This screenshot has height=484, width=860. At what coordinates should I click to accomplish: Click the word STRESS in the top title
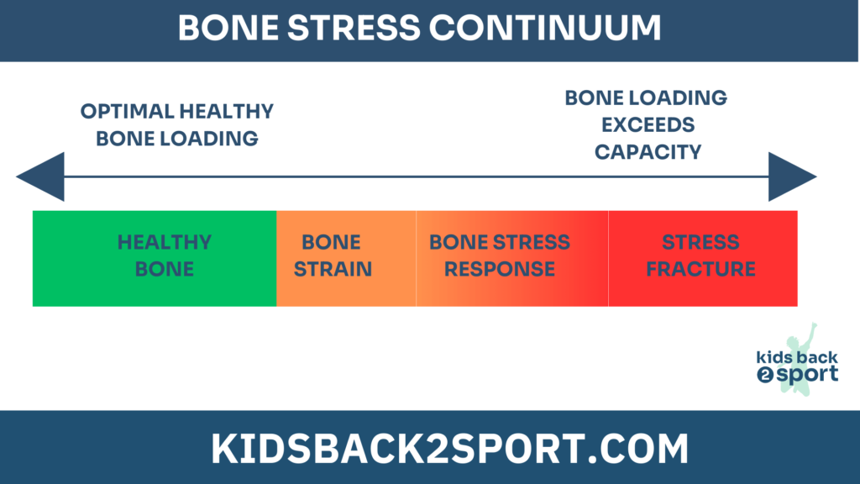point(354,28)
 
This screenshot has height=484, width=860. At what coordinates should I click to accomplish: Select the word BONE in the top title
point(228,28)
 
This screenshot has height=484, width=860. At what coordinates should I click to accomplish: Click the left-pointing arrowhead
point(40,176)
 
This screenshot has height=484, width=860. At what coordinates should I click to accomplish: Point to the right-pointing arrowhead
point(793,176)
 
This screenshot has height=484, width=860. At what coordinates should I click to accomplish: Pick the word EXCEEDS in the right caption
point(648,125)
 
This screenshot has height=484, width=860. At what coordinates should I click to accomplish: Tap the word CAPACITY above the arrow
point(648,152)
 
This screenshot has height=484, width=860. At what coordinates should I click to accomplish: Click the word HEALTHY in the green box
point(165,242)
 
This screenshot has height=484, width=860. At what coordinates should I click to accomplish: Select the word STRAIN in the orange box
point(333,269)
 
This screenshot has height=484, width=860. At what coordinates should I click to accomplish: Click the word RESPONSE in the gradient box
point(500,269)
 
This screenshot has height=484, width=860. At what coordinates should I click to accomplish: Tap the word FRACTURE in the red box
point(701,269)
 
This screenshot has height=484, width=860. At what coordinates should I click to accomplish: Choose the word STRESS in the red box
point(701,242)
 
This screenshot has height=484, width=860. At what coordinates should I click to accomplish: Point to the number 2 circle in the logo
point(765,375)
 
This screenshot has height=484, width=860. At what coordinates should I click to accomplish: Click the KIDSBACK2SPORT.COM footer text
point(450,449)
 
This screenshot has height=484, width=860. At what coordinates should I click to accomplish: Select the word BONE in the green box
point(165,269)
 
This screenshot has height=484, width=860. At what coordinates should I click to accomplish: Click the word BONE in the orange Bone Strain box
point(331,242)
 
